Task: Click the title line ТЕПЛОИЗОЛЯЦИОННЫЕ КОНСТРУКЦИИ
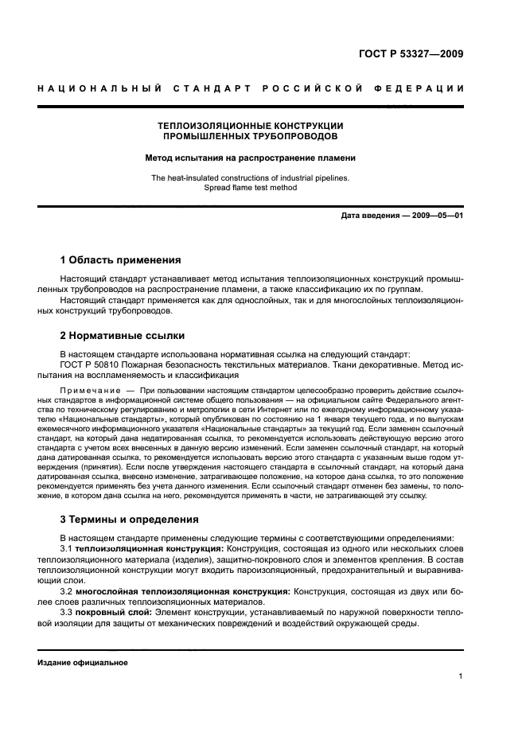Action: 250,126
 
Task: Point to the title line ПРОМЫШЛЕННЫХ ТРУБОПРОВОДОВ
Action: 250,137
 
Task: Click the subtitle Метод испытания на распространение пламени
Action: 250,158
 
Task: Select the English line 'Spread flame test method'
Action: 250,188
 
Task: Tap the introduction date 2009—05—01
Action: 434,216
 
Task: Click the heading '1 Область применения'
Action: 120,260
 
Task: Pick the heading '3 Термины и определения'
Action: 130,520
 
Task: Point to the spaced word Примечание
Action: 88,391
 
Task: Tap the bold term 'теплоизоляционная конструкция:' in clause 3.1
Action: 150,549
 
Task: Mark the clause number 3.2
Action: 67,592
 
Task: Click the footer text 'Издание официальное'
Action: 83,662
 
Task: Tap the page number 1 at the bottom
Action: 461,676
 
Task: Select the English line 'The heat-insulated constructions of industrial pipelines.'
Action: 250,177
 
